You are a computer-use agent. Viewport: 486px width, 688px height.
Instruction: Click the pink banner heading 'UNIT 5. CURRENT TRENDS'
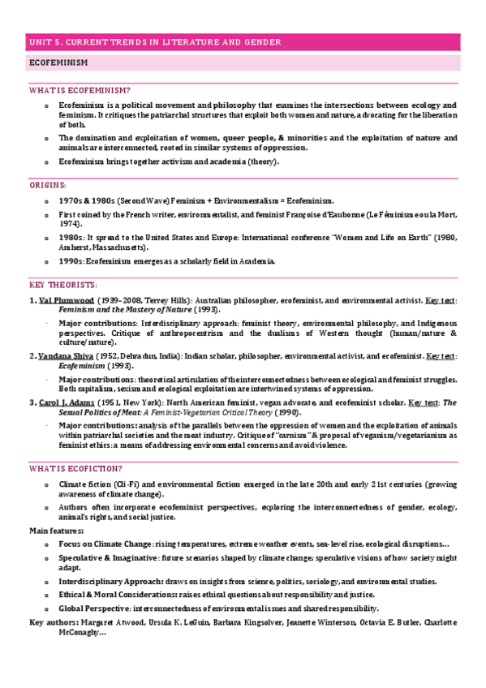coord(154,42)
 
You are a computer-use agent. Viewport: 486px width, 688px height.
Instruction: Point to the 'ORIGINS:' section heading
coord(48,185)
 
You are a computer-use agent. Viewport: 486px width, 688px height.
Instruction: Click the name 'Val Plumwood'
coord(66,300)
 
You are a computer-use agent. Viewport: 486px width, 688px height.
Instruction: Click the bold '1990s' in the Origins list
coord(71,261)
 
